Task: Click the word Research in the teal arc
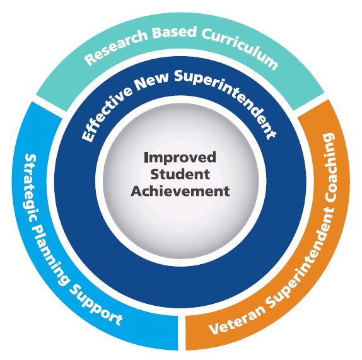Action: point(115,45)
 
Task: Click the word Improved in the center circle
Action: point(180,158)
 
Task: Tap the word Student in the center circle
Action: point(180,175)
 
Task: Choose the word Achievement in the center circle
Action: point(180,191)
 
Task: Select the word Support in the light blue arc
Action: point(96,305)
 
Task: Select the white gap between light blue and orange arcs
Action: point(182,333)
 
